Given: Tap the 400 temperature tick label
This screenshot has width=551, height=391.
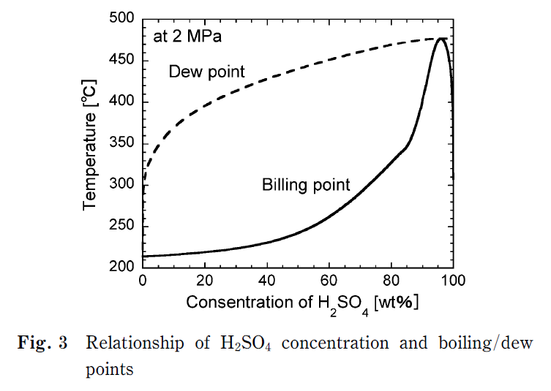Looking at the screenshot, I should (121, 102).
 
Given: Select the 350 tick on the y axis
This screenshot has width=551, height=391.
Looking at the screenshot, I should (121, 143).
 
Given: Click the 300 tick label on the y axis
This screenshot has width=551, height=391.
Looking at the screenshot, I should (121, 184).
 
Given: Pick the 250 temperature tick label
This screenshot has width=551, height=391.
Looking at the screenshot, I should (121, 225).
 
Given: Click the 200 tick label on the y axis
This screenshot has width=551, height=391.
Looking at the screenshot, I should (121, 266).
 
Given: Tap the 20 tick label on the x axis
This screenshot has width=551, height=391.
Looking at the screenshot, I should (204, 281).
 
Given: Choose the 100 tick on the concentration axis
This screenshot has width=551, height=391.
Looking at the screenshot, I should (453, 281).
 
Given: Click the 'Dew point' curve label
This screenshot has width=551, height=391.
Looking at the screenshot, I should (206, 72).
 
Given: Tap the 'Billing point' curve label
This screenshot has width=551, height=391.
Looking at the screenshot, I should (306, 185).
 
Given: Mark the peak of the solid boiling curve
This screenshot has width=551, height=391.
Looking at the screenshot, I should (441, 39).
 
